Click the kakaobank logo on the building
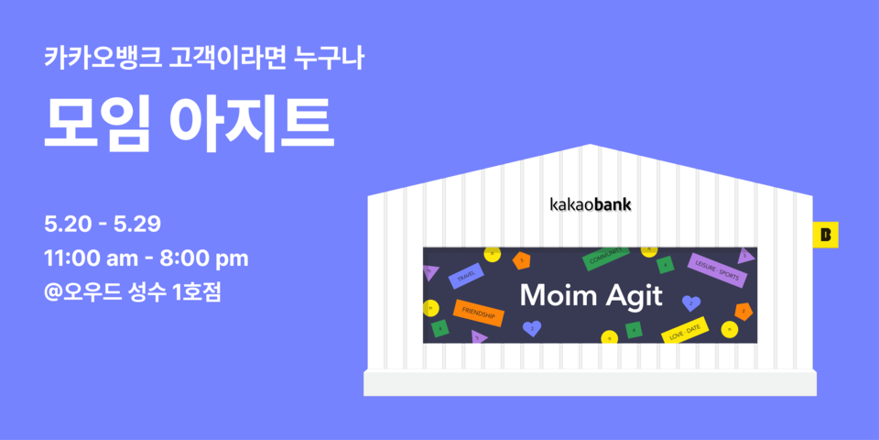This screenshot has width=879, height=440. [590, 203]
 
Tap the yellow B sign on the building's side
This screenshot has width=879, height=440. [826, 235]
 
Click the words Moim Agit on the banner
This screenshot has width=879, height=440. [589, 295]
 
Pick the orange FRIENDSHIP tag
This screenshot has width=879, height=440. [478, 313]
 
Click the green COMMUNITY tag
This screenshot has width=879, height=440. [606, 257]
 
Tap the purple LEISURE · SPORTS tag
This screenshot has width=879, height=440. [717, 270]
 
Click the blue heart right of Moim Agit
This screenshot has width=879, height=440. [692, 302]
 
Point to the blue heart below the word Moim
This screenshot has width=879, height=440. [531, 326]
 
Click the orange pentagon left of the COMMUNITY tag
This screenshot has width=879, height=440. [522, 260]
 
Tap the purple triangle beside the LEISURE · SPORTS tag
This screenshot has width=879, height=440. [746, 256]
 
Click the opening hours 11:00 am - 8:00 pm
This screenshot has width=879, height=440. [146, 258]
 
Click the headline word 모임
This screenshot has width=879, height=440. [96, 123]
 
